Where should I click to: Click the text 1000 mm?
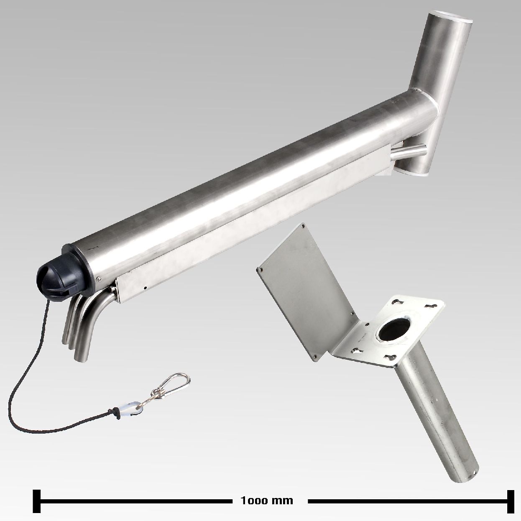pos(267,493)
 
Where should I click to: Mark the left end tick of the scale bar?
pos(36,493)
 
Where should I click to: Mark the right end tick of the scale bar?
pos(511,493)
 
